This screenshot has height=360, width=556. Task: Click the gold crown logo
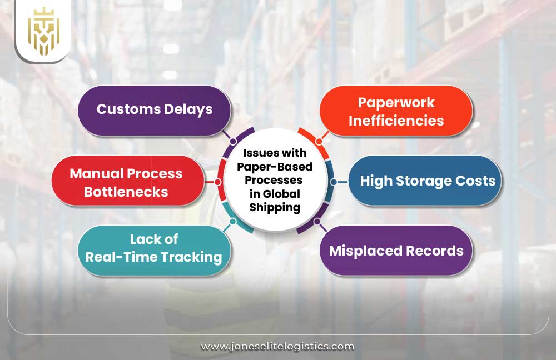(x=42, y=31)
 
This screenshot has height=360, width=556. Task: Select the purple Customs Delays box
(x=154, y=110)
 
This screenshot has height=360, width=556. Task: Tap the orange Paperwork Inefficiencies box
(x=396, y=111)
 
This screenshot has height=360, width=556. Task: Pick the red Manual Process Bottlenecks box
(x=127, y=182)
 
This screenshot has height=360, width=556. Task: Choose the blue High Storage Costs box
(x=425, y=181)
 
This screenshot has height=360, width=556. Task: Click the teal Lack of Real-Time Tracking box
(x=154, y=249)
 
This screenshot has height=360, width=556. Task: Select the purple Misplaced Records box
(x=396, y=251)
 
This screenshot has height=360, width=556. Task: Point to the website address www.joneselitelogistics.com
(x=277, y=346)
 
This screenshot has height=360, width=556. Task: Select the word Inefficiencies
(x=396, y=120)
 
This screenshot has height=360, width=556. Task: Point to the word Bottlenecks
(x=127, y=192)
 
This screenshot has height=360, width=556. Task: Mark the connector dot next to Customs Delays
(x=226, y=134)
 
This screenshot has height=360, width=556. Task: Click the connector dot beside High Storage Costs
(x=334, y=182)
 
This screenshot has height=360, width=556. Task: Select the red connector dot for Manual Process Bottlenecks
(x=217, y=182)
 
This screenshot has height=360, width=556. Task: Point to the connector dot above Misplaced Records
(x=317, y=222)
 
